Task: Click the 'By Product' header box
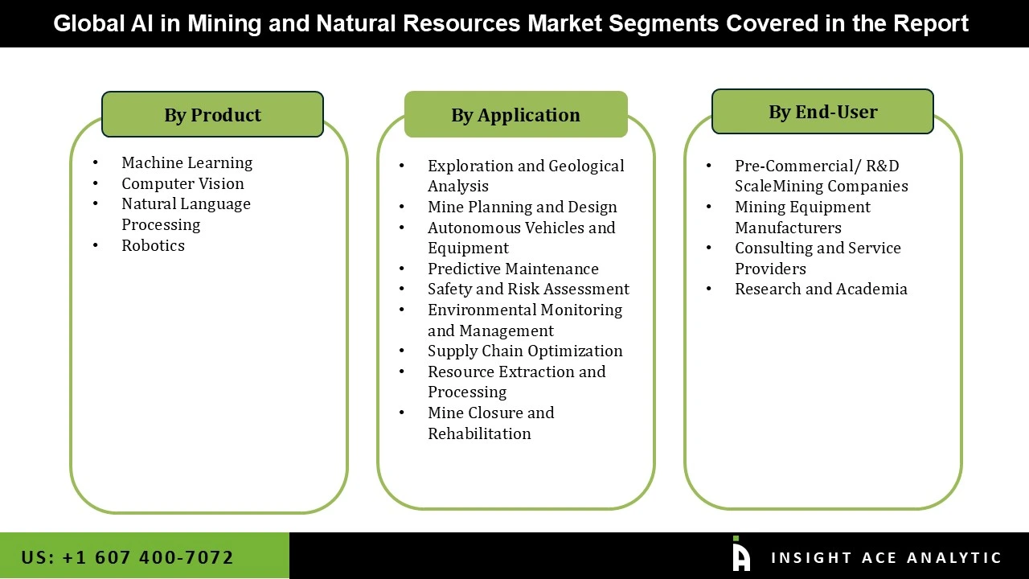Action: coord(212,115)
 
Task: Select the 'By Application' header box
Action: coord(515,115)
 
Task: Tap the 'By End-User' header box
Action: coord(822,112)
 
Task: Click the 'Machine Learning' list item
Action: coord(187,163)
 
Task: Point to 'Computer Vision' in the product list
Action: coord(182,184)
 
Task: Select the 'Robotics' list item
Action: coord(153,246)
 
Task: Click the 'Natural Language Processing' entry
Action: coord(186,215)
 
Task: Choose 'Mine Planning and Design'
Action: coord(522,207)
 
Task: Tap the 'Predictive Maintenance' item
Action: coord(513,269)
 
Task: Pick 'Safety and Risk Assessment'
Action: coord(528,289)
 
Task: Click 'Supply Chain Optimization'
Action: coord(525,351)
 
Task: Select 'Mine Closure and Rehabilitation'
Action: coord(490,423)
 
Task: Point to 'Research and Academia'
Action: coord(821,289)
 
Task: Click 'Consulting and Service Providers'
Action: coord(818,258)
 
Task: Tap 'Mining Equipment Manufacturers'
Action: coord(802,217)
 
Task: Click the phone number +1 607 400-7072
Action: coord(127,557)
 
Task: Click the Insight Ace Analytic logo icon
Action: coord(740,555)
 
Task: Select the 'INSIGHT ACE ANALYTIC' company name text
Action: coord(886,558)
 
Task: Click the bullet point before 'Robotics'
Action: coord(96,246)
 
